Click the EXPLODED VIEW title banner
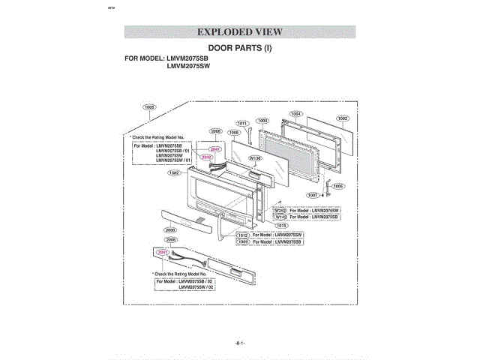pos(239,31)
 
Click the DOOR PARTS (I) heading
pos(239,47)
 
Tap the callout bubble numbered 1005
pos(149,107)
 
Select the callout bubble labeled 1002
pos(342,118)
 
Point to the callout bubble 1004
pos(296,114)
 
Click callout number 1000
pos(262,120)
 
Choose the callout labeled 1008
pos(233,132)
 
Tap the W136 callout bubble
pos(255,158)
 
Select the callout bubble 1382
pos(174,173)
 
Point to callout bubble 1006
pos(338,186)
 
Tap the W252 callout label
pos(280,211)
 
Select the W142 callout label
pos(280,217)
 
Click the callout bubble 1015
pos(282,225)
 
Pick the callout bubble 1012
pos(243,235)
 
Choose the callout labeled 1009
pos(243,242)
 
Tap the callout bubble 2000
pos(170,229)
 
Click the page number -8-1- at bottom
pos(240,342)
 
